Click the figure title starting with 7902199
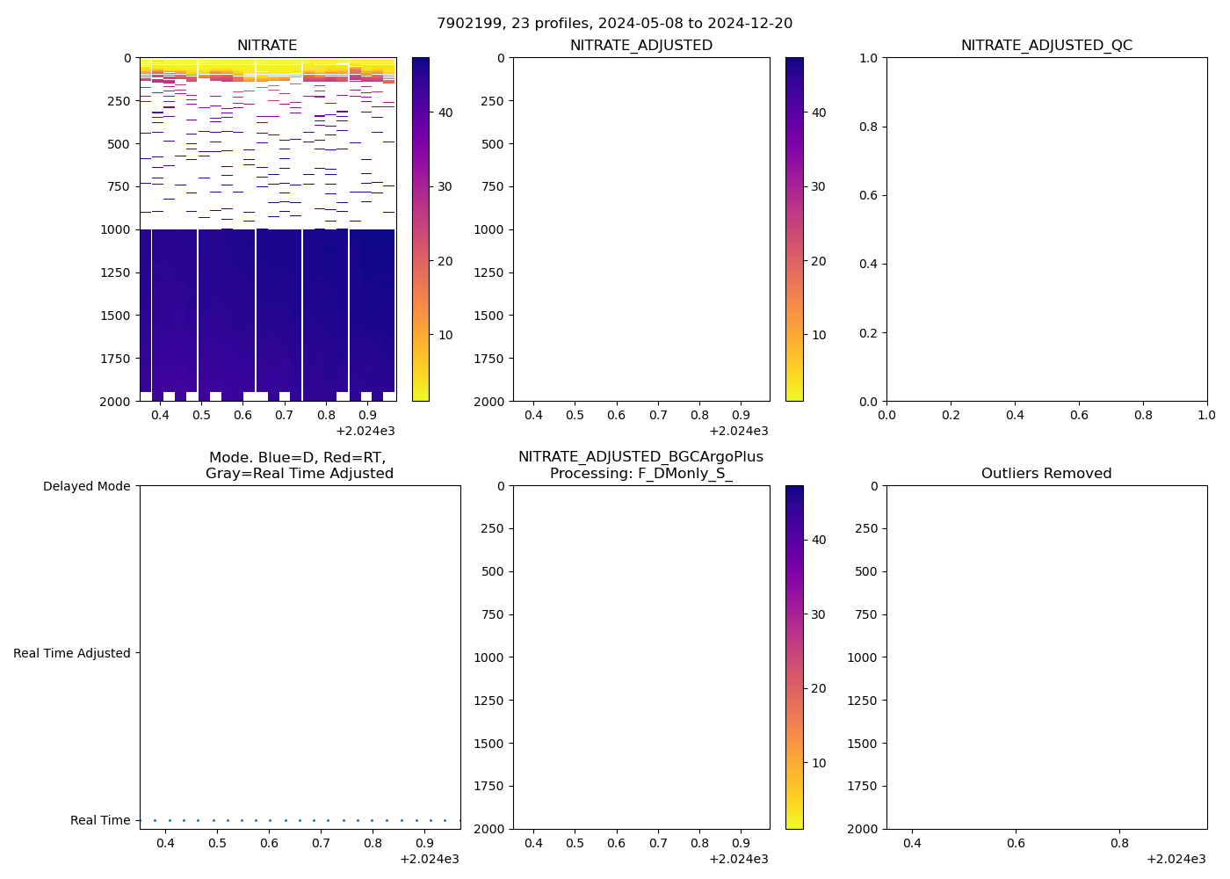coord(614,23)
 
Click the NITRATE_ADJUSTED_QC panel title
coord(1046,46)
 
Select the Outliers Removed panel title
coord(1046,474)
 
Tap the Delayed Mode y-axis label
coord(86,486)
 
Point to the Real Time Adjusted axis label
coord(71,653)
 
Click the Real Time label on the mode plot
coord(100,820)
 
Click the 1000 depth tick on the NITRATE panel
coord(118,229)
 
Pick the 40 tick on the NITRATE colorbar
coord(445,113)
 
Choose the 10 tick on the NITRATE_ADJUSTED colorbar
coord(819,335)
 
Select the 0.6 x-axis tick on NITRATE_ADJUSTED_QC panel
coord(1079,415)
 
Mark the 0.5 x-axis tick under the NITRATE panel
coord(201,415)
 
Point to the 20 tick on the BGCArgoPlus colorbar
coord(819,688)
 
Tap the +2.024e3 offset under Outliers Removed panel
coord(1176,859)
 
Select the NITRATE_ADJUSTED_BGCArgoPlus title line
coord(640,457)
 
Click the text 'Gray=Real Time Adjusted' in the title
coord(300,474)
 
